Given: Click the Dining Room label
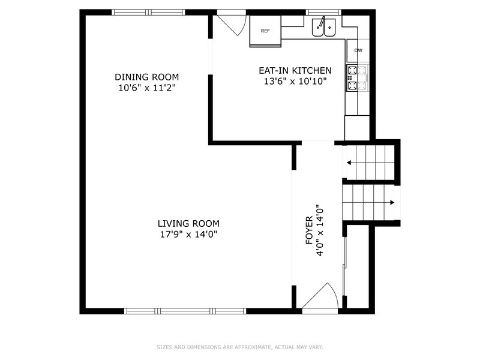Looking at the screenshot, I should [x=146, y=77].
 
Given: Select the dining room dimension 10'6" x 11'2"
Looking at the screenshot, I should [x=146, y=88].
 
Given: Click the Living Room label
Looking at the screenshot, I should [x=184, y=223].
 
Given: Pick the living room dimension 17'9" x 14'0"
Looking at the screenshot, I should [x=184, y=234].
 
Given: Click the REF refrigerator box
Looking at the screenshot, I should [x=265, y=31].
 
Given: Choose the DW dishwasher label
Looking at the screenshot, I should [x=358, y=50].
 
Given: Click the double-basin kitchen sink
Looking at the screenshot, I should [x=325, y=27].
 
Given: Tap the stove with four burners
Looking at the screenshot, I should [x=353, y=78].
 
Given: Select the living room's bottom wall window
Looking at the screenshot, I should [x=185, y=311].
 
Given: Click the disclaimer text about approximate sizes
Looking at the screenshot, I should [x=240, y=347].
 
